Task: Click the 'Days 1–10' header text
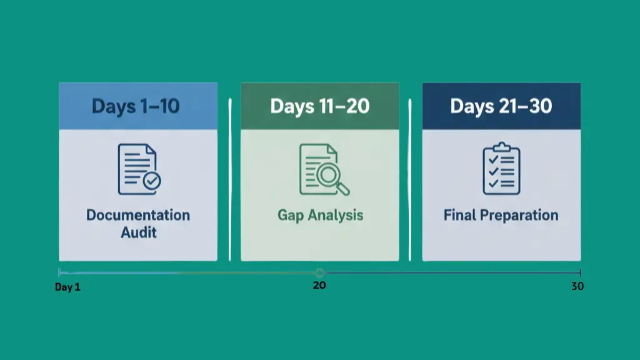(x=136, y=106)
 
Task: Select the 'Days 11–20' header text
(x=319, y=106)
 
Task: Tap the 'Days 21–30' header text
(x=501, y=106)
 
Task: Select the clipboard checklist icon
(x=501, y=169)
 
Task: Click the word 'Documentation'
(x=138, y=215)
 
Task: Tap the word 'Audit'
(x=138, y=232)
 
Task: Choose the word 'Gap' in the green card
(x=291, y=216)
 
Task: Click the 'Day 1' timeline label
(x=67, y=287)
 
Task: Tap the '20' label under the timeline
(x=319, y=285)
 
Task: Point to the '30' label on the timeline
(x=577, y=287)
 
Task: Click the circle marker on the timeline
(x=319, y=272)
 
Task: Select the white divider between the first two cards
(x=230, y=179)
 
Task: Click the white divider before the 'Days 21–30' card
(x=410, y=179)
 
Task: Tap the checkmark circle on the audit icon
(x=151, y=181)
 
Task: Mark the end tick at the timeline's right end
(x=581, y=272)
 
